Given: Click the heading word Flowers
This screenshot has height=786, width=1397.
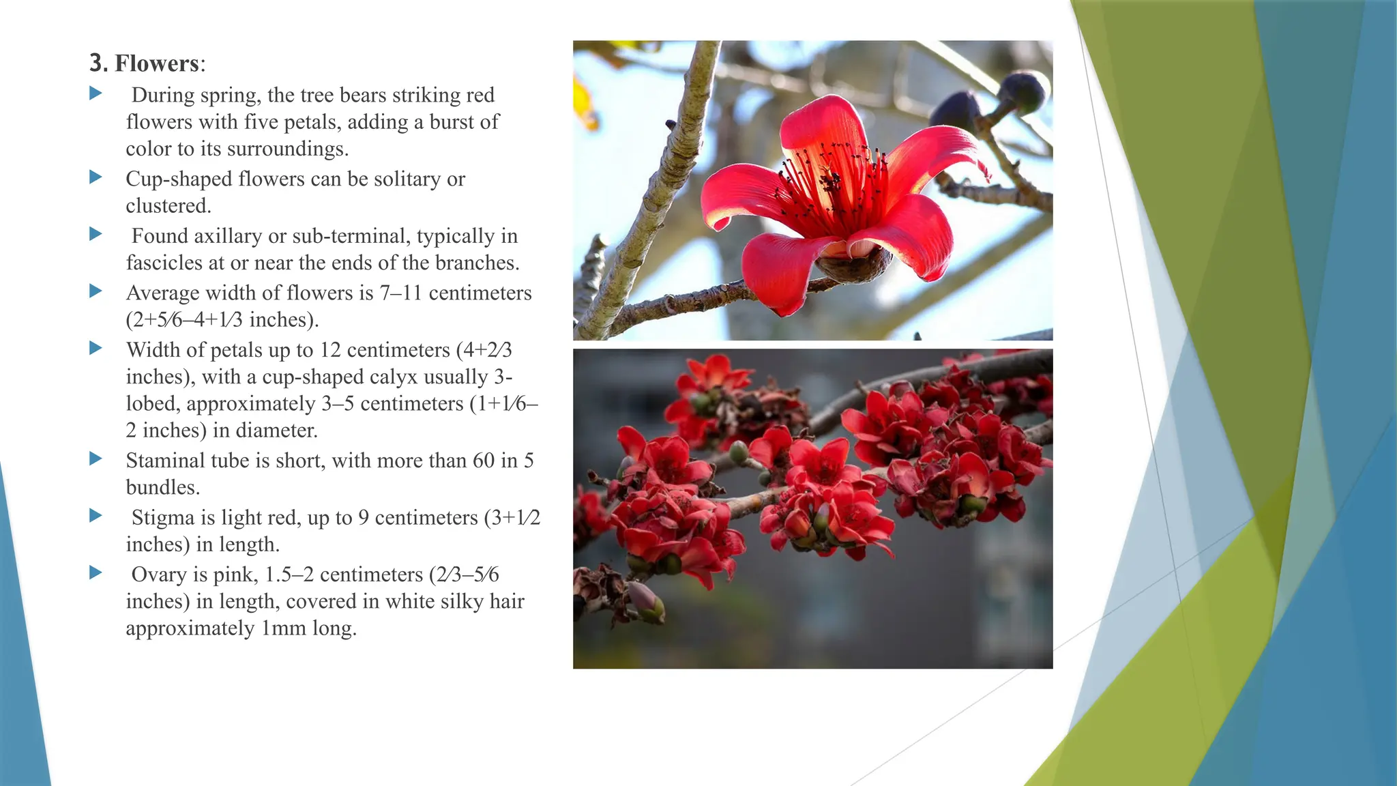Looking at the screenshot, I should coord(156,63).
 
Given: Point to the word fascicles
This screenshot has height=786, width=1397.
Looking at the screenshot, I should coord(160,263).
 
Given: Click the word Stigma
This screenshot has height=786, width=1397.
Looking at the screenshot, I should coord(163,518).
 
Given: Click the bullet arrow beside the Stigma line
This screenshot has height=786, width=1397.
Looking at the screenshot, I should coord(95,516).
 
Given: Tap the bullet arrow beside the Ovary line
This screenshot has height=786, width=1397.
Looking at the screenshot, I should coord(95,572).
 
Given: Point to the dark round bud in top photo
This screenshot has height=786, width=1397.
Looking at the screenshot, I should coord(1023,92).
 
